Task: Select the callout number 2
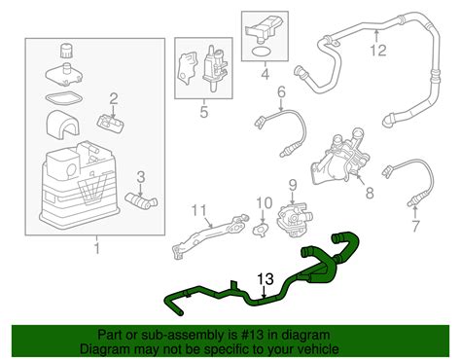pos(113,97)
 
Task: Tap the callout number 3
pos(141,176)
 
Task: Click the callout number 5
pos(202,112)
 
